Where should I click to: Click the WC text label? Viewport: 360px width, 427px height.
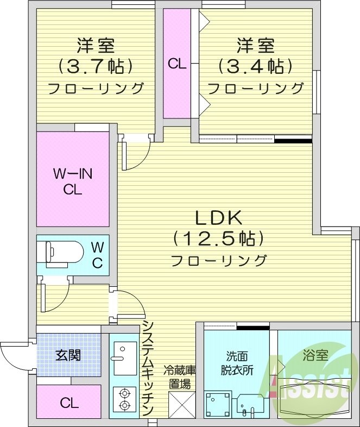pyautogui.click(x=97, y=255)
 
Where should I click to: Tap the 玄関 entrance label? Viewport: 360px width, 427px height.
pyautogui.click(x=68, y=355)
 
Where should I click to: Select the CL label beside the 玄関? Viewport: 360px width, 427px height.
pyautogui.click(x=68, y=403)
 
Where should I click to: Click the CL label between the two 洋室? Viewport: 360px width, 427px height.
pyautogui.click(x=177, y=64)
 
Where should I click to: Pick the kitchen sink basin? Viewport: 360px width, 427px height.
pyautogui.click(x=124, y=357)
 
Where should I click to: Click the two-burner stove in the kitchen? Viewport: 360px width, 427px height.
pyautogui.click(x=124, y=398)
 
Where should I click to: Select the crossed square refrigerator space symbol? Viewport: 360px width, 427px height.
pyautogui.click(x=180, y=404)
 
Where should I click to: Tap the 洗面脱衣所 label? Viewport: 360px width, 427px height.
pyautogui.click(x=237, y=363)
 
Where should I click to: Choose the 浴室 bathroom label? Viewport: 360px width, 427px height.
pyautogui.click(x=314, y=356)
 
